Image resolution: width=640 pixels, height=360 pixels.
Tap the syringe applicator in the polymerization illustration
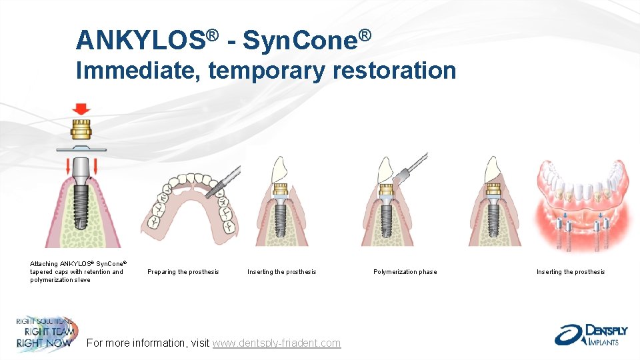pyautogui.click(x=410, y=167)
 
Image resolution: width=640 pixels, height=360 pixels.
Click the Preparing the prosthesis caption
pyautogui.click(x=183, y=272)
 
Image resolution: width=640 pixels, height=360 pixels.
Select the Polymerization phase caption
pyautogui.click(x=405, y=272)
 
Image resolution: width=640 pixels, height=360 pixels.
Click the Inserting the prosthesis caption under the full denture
pyautogui.click(x=571, y=272)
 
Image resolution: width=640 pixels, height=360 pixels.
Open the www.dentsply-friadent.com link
pyautogui.click(x=277, y=343)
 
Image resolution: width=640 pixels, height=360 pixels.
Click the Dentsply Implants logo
pyautogui.click(x=587, y=334)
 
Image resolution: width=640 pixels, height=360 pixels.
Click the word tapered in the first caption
pyautogui.click(x=42, y=272)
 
